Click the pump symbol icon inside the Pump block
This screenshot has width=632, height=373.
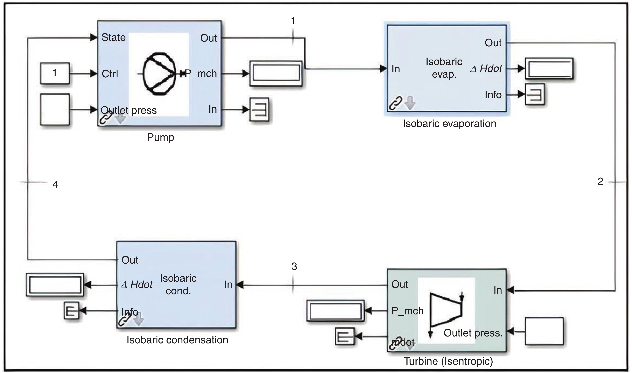point(159,74)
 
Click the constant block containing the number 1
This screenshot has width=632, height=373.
point(55,73)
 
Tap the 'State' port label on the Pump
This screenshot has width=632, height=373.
point(113,38)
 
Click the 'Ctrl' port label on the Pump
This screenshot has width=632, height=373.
point(110,74)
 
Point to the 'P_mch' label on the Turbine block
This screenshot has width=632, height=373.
point(407,311)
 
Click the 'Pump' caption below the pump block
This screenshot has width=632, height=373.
point(160,137)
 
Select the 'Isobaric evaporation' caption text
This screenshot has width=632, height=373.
point(449,124)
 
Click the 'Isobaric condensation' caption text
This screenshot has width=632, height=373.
point(177,340)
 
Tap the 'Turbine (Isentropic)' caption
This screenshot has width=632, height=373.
point(448,361)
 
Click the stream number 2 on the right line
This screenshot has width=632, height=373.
point(600,181)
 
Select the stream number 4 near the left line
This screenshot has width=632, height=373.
point(55,185)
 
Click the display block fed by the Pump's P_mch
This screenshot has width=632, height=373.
point(276,73)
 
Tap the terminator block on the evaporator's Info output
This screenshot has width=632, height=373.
point(535,94)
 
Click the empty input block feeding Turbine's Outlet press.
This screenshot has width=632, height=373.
point(544,331)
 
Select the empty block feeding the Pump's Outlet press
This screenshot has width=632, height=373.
point(55,109)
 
